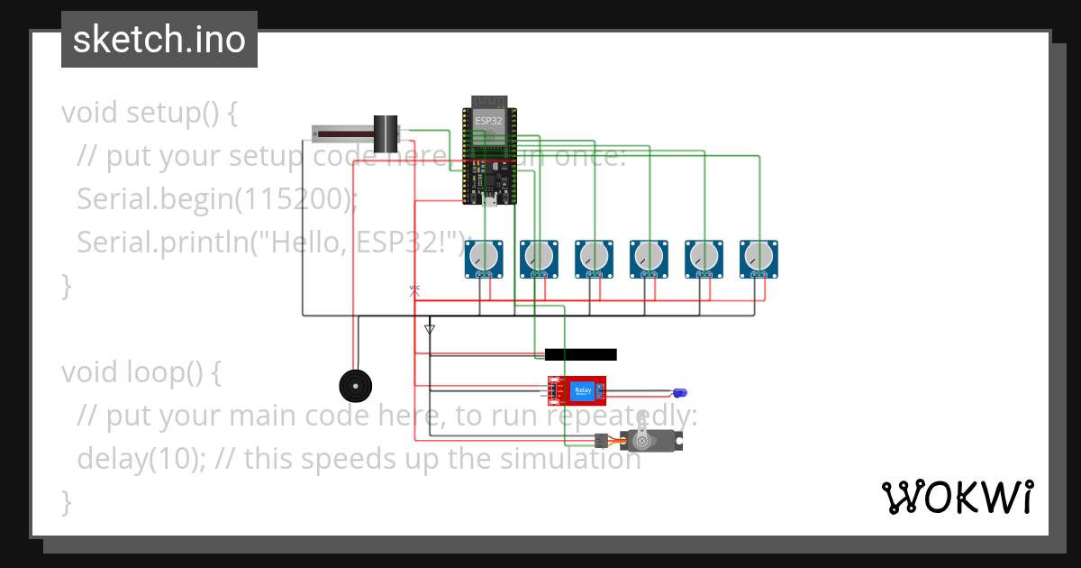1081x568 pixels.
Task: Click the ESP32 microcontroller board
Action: click(490, 149)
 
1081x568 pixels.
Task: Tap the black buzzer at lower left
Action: click(355, 387)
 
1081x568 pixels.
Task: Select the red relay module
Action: click(577, 390)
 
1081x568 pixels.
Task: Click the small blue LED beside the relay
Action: click(680, 393)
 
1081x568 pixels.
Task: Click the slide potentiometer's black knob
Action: click(386, 133)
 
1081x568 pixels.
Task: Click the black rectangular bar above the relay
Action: click(580, 354)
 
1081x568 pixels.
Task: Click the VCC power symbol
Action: click(414, 289)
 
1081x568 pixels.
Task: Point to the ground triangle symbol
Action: click(430, 329)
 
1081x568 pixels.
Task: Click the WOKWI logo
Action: click(957, 497)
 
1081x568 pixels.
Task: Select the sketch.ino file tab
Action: click(159, 40)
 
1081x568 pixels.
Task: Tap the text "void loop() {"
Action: click(141, 372)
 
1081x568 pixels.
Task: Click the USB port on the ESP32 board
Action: click(490, 200)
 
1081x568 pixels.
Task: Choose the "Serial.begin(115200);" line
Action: click(216, 199)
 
